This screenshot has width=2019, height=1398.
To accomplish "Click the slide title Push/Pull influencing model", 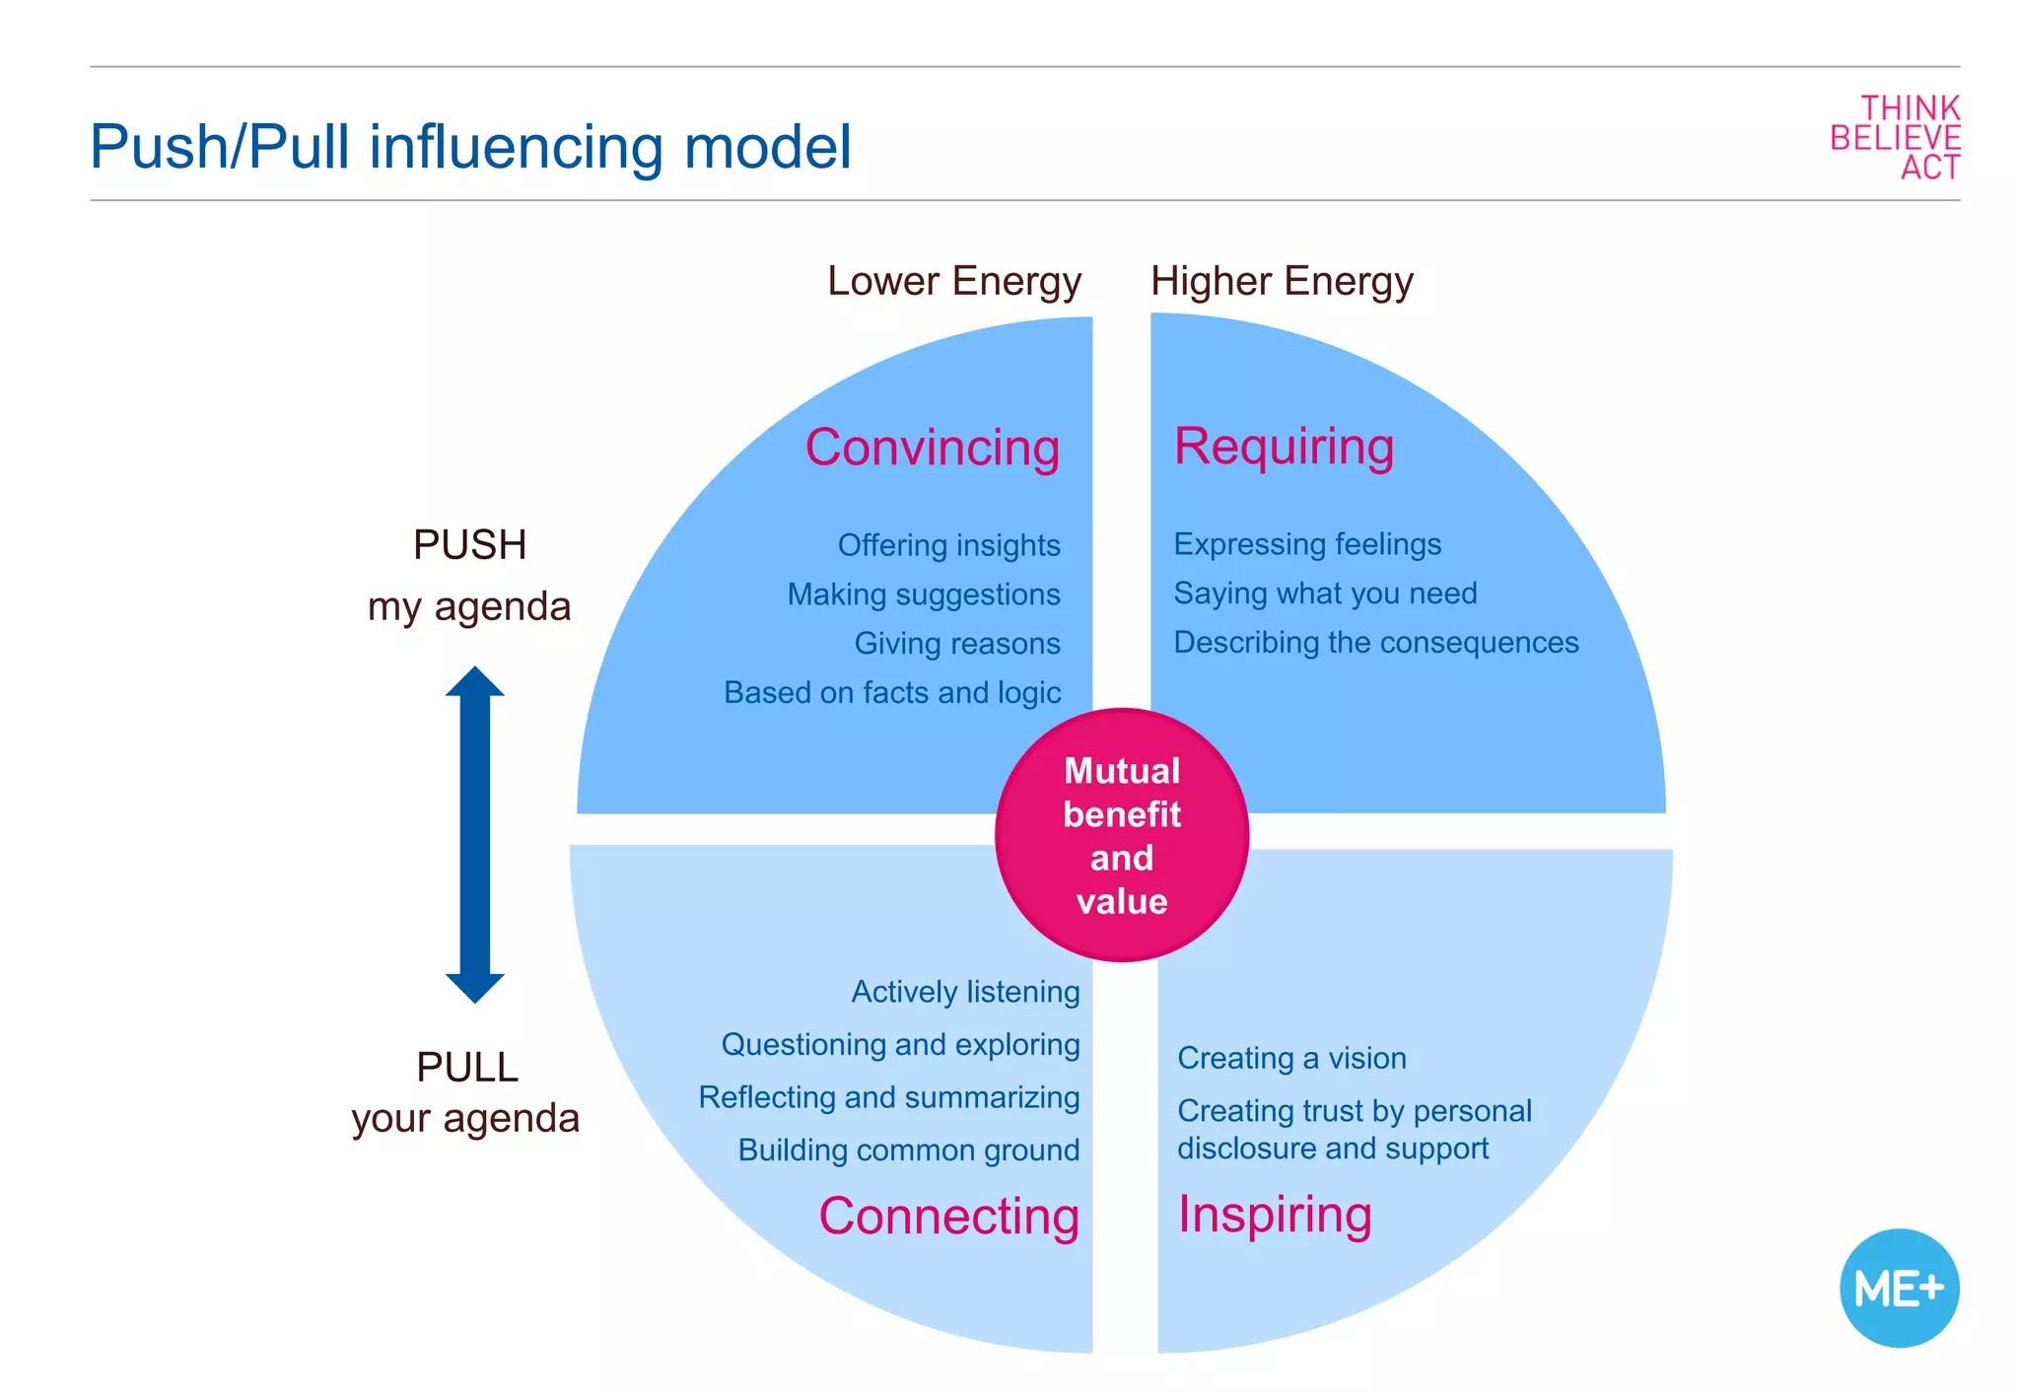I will [470, 148].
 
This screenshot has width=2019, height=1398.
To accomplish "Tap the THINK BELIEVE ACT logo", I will [1895, 138].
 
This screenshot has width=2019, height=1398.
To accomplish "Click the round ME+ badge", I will [1899, 1288].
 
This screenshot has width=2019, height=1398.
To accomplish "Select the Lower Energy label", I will [954, 282].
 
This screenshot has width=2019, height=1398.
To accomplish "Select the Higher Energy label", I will [1282, 282].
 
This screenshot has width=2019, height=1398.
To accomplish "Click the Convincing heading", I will [933, 448].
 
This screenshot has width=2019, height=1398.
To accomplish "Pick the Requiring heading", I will [1284, 447].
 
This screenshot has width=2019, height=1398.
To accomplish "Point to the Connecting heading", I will [948, 1217].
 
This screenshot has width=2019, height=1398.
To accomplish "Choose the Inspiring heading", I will [1275, 1215].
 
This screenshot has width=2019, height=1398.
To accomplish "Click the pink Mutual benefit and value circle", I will [1122, 835].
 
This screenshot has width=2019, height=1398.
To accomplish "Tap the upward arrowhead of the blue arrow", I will [475, 683].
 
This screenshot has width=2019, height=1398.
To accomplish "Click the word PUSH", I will [469, 545].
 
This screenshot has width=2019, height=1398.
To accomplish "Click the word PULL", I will [467, 1068].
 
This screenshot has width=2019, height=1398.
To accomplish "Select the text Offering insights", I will [948, 545].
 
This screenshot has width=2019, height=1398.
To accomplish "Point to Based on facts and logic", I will [892, 693].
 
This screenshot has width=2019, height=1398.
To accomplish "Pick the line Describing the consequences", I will [1375, 643].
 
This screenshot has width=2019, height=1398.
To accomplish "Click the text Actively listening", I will [965, 992].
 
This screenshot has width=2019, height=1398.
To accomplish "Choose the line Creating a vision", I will [1291, 1059].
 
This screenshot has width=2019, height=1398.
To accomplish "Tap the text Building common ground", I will [908, 1151].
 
